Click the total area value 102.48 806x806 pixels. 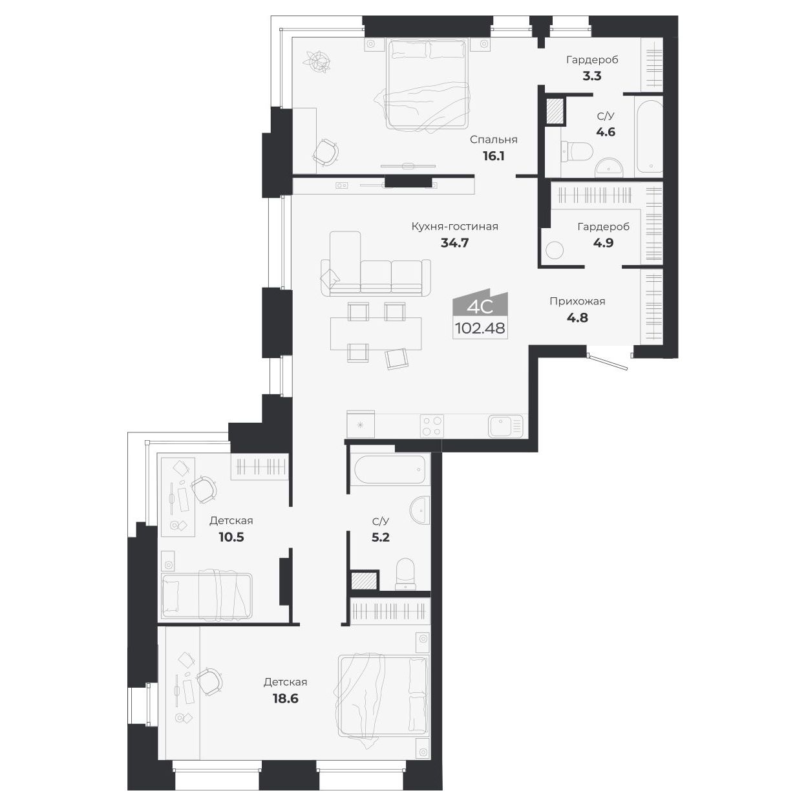coord(480,328)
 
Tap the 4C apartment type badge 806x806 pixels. coord(480,305)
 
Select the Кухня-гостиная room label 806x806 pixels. coord(455,226)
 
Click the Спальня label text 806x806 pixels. coord(493,140)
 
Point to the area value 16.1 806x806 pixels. coord(493,156)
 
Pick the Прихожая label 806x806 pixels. coord(577,301)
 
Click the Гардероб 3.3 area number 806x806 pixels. coord(592,76)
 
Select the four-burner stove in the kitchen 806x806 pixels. coord(432,426)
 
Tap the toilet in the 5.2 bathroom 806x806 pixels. coord(406,572)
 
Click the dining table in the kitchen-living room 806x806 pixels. coord(375,332)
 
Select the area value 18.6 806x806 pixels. coord(285,698)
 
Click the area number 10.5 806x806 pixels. coord(231,536)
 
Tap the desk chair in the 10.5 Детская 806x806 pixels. coord(204,489)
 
